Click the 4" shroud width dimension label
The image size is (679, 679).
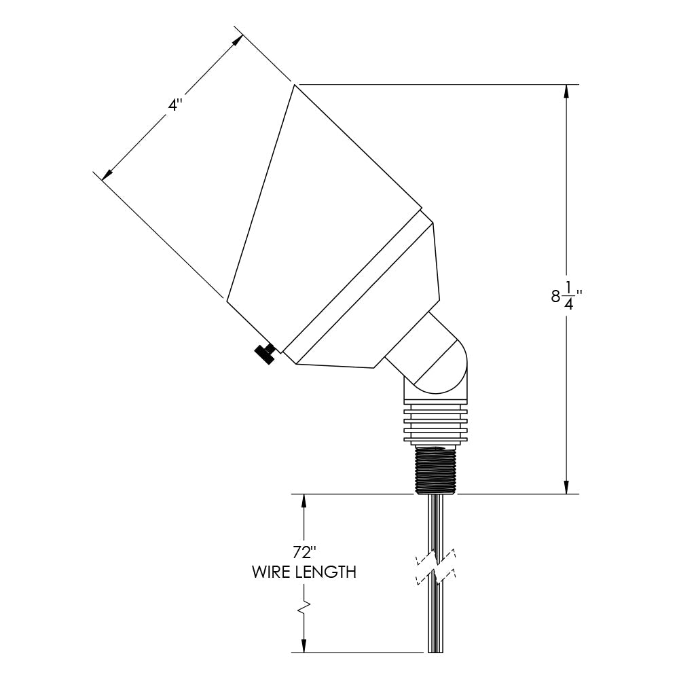(175, 105)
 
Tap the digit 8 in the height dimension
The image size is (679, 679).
(555, 296)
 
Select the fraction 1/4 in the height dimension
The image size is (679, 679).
(571, 295)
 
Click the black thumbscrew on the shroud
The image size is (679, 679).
(264, 353)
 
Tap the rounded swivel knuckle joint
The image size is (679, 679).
(441, 367)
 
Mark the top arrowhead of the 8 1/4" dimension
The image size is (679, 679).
(566, 92)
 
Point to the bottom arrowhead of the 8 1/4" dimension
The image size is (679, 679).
(566, 486)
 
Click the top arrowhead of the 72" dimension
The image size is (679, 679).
(304, 502)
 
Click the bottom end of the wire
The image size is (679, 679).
(435, 650)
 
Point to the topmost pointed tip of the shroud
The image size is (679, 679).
(295, 85)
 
